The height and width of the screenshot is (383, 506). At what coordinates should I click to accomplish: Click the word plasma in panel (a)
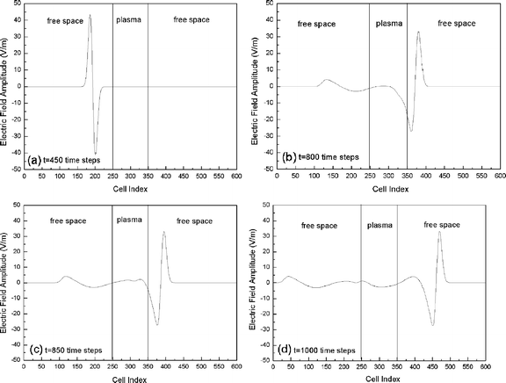point(129,18)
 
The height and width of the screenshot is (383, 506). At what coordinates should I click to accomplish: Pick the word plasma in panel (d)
point(379,225)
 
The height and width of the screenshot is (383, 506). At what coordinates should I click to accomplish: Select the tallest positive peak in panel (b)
point(418,33)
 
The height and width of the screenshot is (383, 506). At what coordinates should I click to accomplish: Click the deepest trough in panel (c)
point(157,325)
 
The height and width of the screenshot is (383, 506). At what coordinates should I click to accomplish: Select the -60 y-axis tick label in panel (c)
point(15,360)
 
